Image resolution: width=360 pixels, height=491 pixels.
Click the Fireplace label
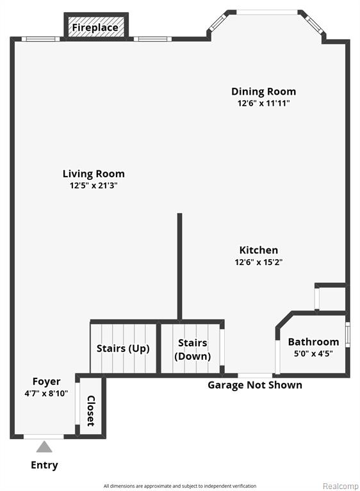95,28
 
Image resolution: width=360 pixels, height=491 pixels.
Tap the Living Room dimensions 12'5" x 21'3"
94,186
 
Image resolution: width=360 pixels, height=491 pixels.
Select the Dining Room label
263,92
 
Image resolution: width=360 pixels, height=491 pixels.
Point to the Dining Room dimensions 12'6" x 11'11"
263,103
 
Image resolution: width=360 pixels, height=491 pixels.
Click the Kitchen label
259,250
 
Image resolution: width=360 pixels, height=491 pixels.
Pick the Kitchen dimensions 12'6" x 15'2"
259,262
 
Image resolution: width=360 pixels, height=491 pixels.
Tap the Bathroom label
314,342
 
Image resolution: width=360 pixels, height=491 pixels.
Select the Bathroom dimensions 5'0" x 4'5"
313,353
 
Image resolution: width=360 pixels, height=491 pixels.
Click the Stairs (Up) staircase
124,348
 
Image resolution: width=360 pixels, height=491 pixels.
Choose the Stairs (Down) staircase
191,348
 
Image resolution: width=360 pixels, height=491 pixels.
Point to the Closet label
91,411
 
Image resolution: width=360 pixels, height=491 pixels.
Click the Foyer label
46,382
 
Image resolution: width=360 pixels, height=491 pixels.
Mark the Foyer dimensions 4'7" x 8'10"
46,393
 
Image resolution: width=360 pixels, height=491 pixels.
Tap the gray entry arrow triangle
44,447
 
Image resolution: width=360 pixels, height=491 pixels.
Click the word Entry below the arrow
44,465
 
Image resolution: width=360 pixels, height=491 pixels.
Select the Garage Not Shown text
255,385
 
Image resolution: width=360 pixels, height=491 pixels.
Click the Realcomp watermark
341,486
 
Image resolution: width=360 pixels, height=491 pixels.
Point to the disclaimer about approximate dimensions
180,486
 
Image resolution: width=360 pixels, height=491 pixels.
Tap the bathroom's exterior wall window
347,334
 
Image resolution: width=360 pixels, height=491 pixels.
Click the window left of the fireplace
40,39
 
